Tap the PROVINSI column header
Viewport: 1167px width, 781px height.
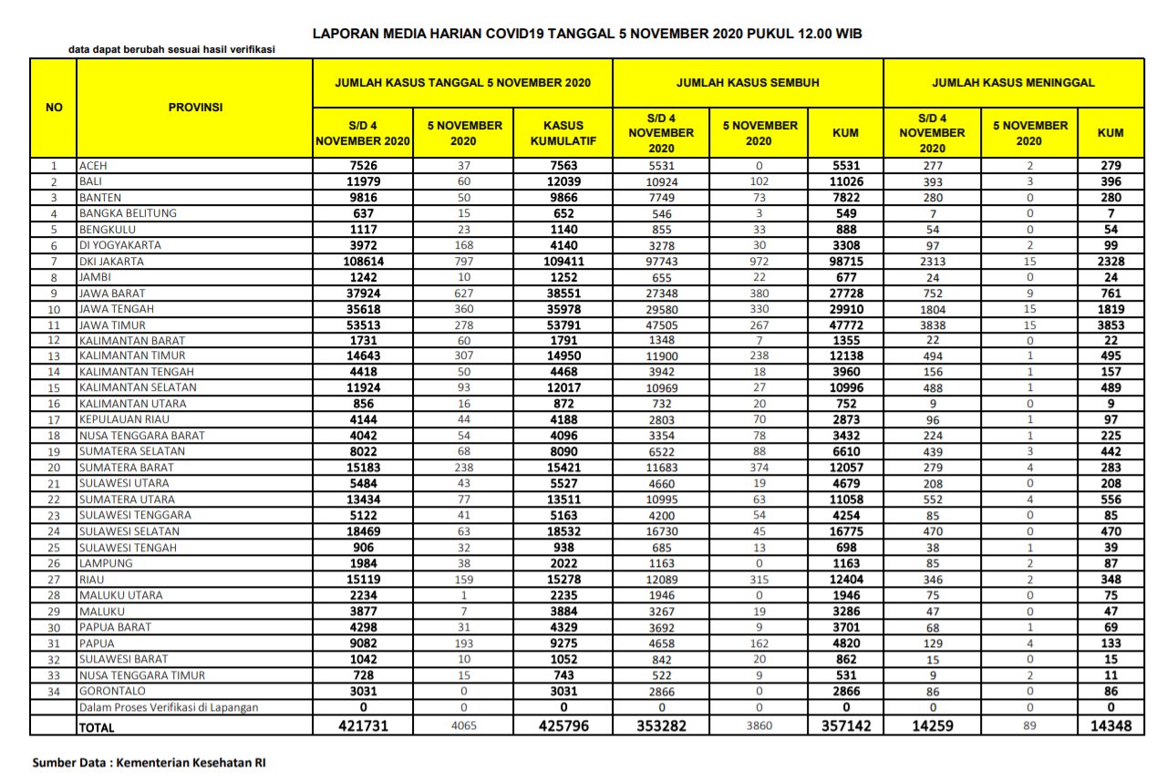tap(195, 107)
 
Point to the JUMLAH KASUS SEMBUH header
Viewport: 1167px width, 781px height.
tap(748, 83)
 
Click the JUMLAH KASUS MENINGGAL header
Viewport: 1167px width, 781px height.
tap(1013, 83)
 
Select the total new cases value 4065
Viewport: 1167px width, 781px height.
tap(463, 725)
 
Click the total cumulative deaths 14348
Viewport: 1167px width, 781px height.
tap(1110, 725)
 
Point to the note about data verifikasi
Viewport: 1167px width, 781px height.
tap(171, 50)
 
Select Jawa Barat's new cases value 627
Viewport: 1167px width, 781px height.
tap(463, 293)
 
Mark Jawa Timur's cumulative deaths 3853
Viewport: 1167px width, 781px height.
tap(1110, 325)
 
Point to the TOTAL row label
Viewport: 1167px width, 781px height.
tap(97, 726)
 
